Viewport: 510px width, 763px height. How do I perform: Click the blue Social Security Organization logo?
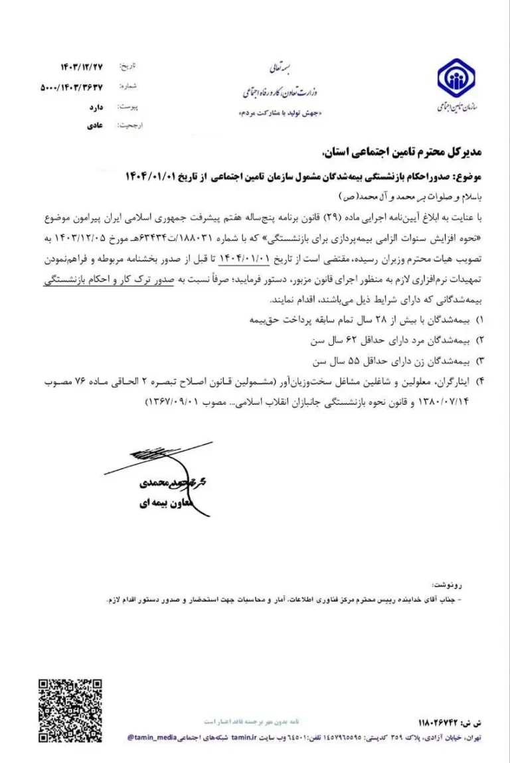[456, 78]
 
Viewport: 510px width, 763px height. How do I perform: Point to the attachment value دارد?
[92, 106]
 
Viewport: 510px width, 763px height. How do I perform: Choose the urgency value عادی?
[92, 125]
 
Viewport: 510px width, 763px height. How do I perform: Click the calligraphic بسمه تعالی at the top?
[277, 67]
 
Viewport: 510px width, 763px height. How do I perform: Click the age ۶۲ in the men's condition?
[352, 341]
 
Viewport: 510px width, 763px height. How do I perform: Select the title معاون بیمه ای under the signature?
[153, 503]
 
